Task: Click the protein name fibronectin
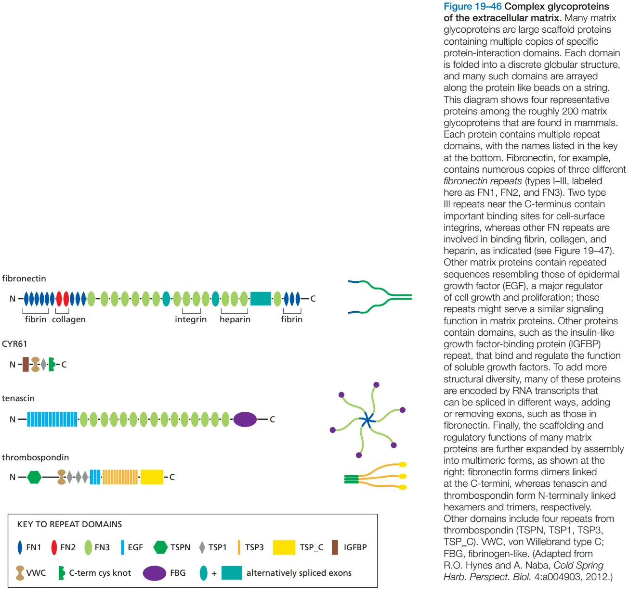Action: [24, 279]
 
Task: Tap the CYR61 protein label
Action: [14, 344]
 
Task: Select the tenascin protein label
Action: [18, 398]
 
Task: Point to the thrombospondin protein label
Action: [35, 457]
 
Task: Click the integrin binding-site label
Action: [191, 319]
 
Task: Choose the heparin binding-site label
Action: [235, 319]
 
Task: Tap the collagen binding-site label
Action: [69, 319]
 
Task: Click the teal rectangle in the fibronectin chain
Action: [261, 299]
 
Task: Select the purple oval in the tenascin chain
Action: [245, 419]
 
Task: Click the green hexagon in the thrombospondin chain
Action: [34, 477]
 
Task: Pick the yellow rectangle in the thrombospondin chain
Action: [152, 477]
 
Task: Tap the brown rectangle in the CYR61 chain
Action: [26, 365]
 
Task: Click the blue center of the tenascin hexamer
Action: [367, 420]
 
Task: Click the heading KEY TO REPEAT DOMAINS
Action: [69, 524]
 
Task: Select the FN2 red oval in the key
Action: [54, 547]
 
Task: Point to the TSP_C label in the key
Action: [311, 547]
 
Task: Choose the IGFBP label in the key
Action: [355, 547]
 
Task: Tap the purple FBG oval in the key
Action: [155, 573]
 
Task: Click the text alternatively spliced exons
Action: [299, 573]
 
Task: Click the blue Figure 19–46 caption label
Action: [472, 7]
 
